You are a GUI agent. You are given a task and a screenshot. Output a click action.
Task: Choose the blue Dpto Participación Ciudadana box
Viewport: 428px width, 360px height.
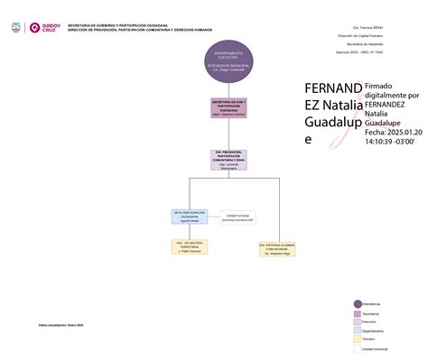pyautogui.click(x=190, y=217)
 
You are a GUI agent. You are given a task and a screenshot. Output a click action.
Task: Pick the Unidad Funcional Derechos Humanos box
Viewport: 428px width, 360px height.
pyautogui.click(x=237, y=217)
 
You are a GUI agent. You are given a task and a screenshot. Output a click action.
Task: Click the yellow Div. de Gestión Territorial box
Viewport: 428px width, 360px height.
pyautogui.click(x=190, y=246)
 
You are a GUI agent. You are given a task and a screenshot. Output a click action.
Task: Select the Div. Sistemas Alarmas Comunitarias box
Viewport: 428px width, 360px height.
pyautogui.click(x=278, y=246)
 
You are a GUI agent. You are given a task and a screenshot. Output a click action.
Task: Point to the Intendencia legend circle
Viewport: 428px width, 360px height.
pyautogui.click(x=357, y=304)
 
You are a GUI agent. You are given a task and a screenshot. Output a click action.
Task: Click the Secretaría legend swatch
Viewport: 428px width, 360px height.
pyautogui.click(x=357, y=313)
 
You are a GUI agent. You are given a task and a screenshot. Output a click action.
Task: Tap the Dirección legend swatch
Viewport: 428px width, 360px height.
pyautogui.click(x=357, y=322)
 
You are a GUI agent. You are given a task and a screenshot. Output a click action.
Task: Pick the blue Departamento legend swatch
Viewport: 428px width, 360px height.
pyautogui.click(x=357, y=330)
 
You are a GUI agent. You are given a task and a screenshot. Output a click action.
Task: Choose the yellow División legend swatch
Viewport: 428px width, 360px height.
pyautogui.click(x=357, y=339)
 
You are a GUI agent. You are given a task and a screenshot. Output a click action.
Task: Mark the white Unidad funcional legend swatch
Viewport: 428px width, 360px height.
pyautogui.click(x=357, y=348)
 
